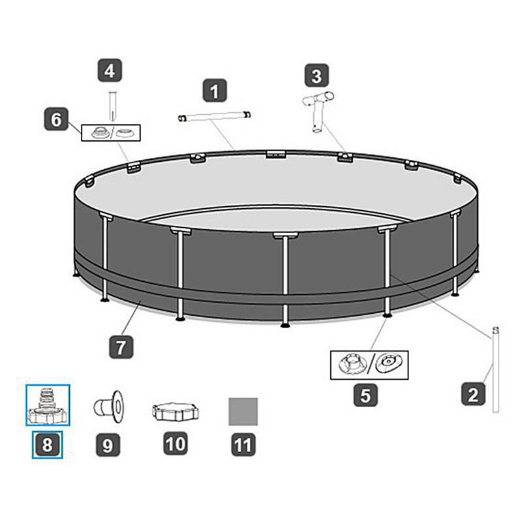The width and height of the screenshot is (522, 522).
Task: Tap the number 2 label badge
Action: click(473, 393)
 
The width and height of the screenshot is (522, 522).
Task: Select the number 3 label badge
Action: click(316, 76)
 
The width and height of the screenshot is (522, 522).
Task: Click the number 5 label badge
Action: click(365, 395)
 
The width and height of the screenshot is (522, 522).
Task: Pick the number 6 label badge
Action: click(57, 120)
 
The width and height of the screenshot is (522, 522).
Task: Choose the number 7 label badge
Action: click(121, 346)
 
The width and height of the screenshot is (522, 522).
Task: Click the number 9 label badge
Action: click(108, 445)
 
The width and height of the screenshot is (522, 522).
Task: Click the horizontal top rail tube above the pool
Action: click(215, 116)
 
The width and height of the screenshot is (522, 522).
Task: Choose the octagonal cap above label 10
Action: click(175, 412)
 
